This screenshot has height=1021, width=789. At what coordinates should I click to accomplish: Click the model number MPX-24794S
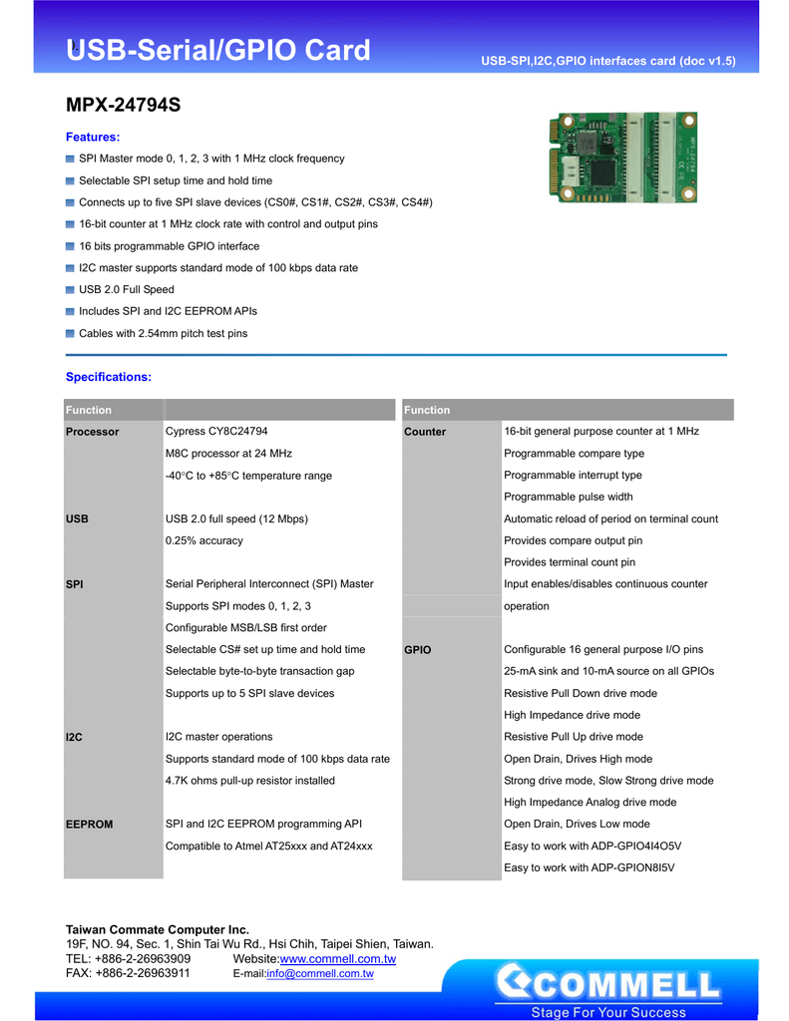[x=123, y=104]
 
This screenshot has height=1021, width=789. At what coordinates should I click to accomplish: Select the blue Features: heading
[x=93, y=137]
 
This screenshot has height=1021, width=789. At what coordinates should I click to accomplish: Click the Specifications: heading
[x=109, y=377]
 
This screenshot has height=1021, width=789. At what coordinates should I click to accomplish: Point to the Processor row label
[x=92, y=432]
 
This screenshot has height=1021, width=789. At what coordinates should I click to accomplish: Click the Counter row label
[x=425, y=432]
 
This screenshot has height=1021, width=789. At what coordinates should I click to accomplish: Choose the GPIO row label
[x=418, y=650]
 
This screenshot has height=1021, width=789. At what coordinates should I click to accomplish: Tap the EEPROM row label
[x=89, y=825]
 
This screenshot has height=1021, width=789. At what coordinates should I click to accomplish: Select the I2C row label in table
[x=74, y=737]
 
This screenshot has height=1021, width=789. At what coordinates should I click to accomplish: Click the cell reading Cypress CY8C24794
[x=216, y=432]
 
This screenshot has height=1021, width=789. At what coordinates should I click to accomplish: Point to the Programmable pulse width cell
[x=568, y=497]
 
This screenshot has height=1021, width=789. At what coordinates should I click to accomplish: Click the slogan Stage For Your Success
[x=608, y=1012]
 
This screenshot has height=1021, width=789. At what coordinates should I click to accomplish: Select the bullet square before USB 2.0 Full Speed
[x=71, y=290]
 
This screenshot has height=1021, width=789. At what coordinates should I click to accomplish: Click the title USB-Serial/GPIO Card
[x=217, y=51]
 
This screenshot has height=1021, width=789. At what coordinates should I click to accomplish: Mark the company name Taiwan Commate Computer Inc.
[x=158, y=929]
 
